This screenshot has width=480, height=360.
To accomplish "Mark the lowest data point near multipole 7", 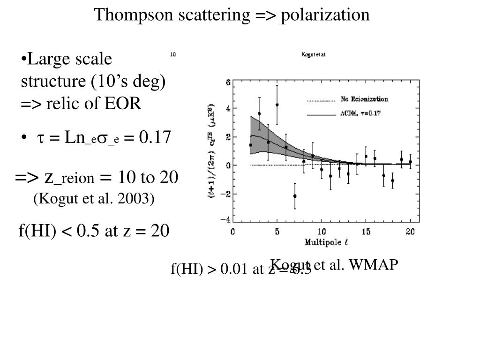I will tap(295, 196).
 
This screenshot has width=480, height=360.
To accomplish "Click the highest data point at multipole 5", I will tap(277, 105).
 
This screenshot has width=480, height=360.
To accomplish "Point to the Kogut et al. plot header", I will tap(314, 54).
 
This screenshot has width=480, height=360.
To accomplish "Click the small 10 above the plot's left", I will tap(172, 54).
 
